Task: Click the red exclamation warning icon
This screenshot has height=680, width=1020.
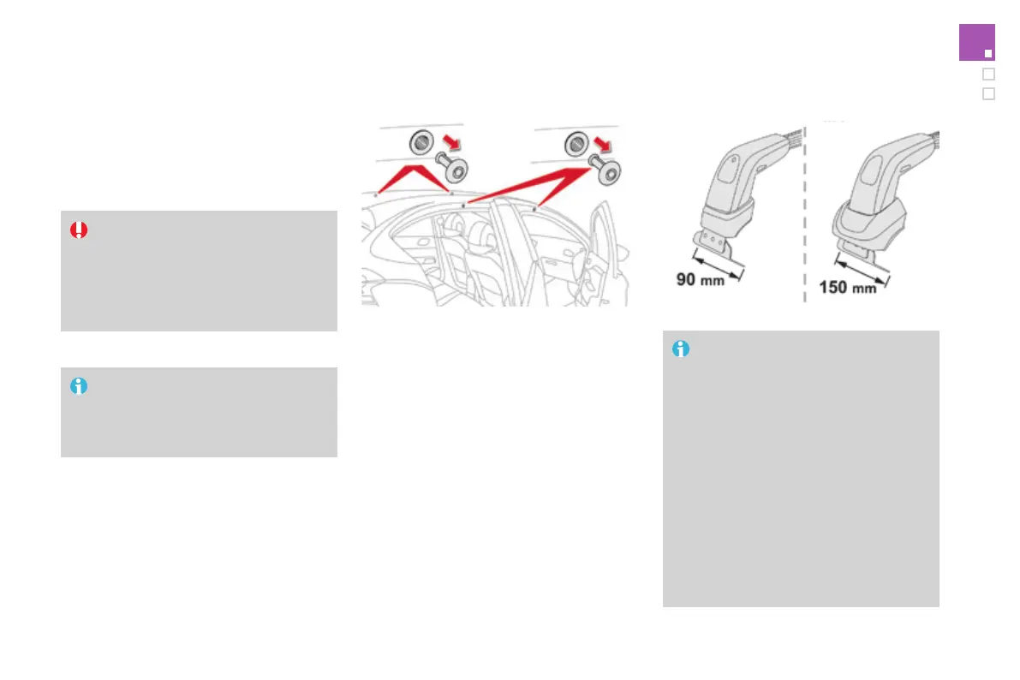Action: tap(79, 230)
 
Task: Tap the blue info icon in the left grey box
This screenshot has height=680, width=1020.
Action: tap(79, 386)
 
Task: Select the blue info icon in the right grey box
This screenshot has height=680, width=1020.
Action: tap(681, 349)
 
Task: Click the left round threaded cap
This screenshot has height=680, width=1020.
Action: tap(421, 142)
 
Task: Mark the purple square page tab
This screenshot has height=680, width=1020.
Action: tap(976, 43)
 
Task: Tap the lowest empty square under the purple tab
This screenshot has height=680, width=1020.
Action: tap(988, 93)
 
